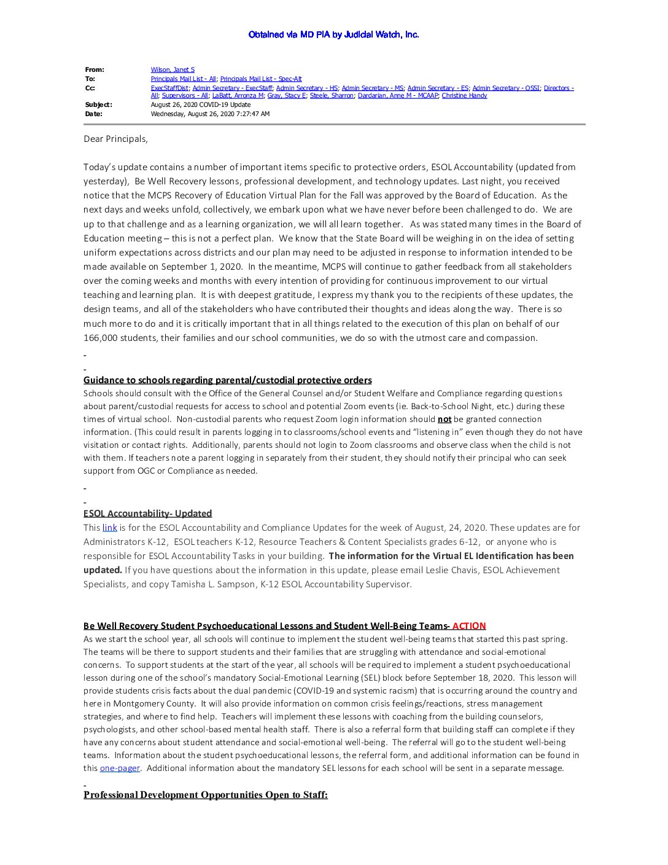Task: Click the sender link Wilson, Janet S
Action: (x=173, y=69)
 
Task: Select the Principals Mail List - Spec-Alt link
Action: (x=261, y=79)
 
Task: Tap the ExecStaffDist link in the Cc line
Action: (x=169, y=88)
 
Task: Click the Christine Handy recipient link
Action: (x=464, y=95)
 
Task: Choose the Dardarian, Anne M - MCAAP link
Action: (x=398, y=95)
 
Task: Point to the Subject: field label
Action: (x=98, y=104)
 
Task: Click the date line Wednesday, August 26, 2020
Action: (x=210, y=114)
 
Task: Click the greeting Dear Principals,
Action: (x=115, y=139)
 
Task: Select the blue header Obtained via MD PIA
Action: (x=333, y=34)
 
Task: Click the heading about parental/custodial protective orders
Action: (x=227, y=380)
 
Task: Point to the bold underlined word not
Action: (x=444, y=420)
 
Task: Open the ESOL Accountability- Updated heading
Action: (x=147, y=514)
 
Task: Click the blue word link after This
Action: (x=109, y=528)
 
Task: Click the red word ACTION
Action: (x=469, y=626)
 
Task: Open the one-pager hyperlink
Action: (x=120, y=768)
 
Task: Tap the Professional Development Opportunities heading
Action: (x=205, y=795)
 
